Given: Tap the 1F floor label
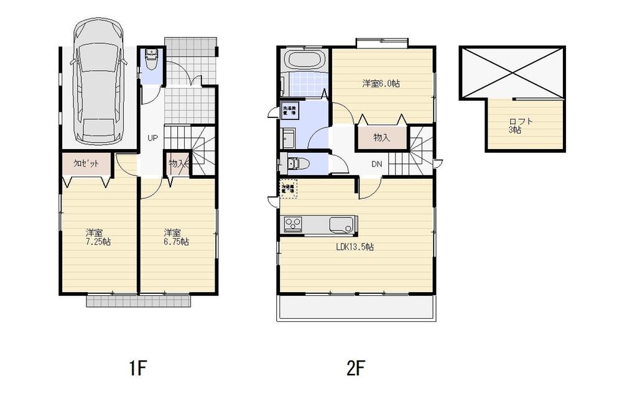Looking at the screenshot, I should point(137,369).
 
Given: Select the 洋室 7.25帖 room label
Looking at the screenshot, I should point(98,238).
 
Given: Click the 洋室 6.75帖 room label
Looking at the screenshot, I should point(176,238).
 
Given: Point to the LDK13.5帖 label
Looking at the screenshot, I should point(355,247).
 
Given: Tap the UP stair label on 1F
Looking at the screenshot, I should point(152,138).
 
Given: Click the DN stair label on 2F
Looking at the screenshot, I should point(377,165).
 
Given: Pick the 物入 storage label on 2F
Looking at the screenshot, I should point(381,137).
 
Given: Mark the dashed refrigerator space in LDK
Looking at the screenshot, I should point(289,189).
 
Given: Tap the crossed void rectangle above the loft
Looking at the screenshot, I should point(511,71).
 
